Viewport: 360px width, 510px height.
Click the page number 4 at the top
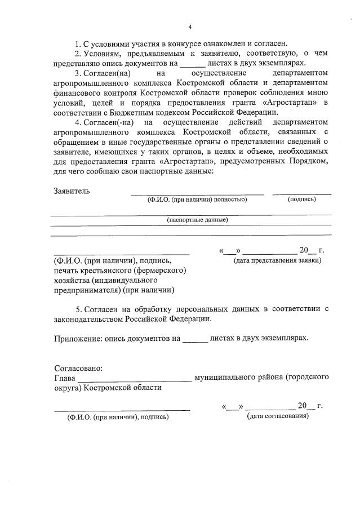coord(190,26)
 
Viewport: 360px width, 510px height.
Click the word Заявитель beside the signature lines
coord(72,190)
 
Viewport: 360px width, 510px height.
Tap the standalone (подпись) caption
coord(301,199)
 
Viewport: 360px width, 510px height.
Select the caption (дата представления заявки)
coord(277,260)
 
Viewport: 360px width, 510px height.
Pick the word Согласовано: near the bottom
coord(78,367)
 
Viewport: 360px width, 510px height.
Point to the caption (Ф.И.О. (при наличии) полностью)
coord(197,199)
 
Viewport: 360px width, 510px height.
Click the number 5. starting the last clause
coord(79,309)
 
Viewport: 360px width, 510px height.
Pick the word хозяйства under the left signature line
coord(74,280)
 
